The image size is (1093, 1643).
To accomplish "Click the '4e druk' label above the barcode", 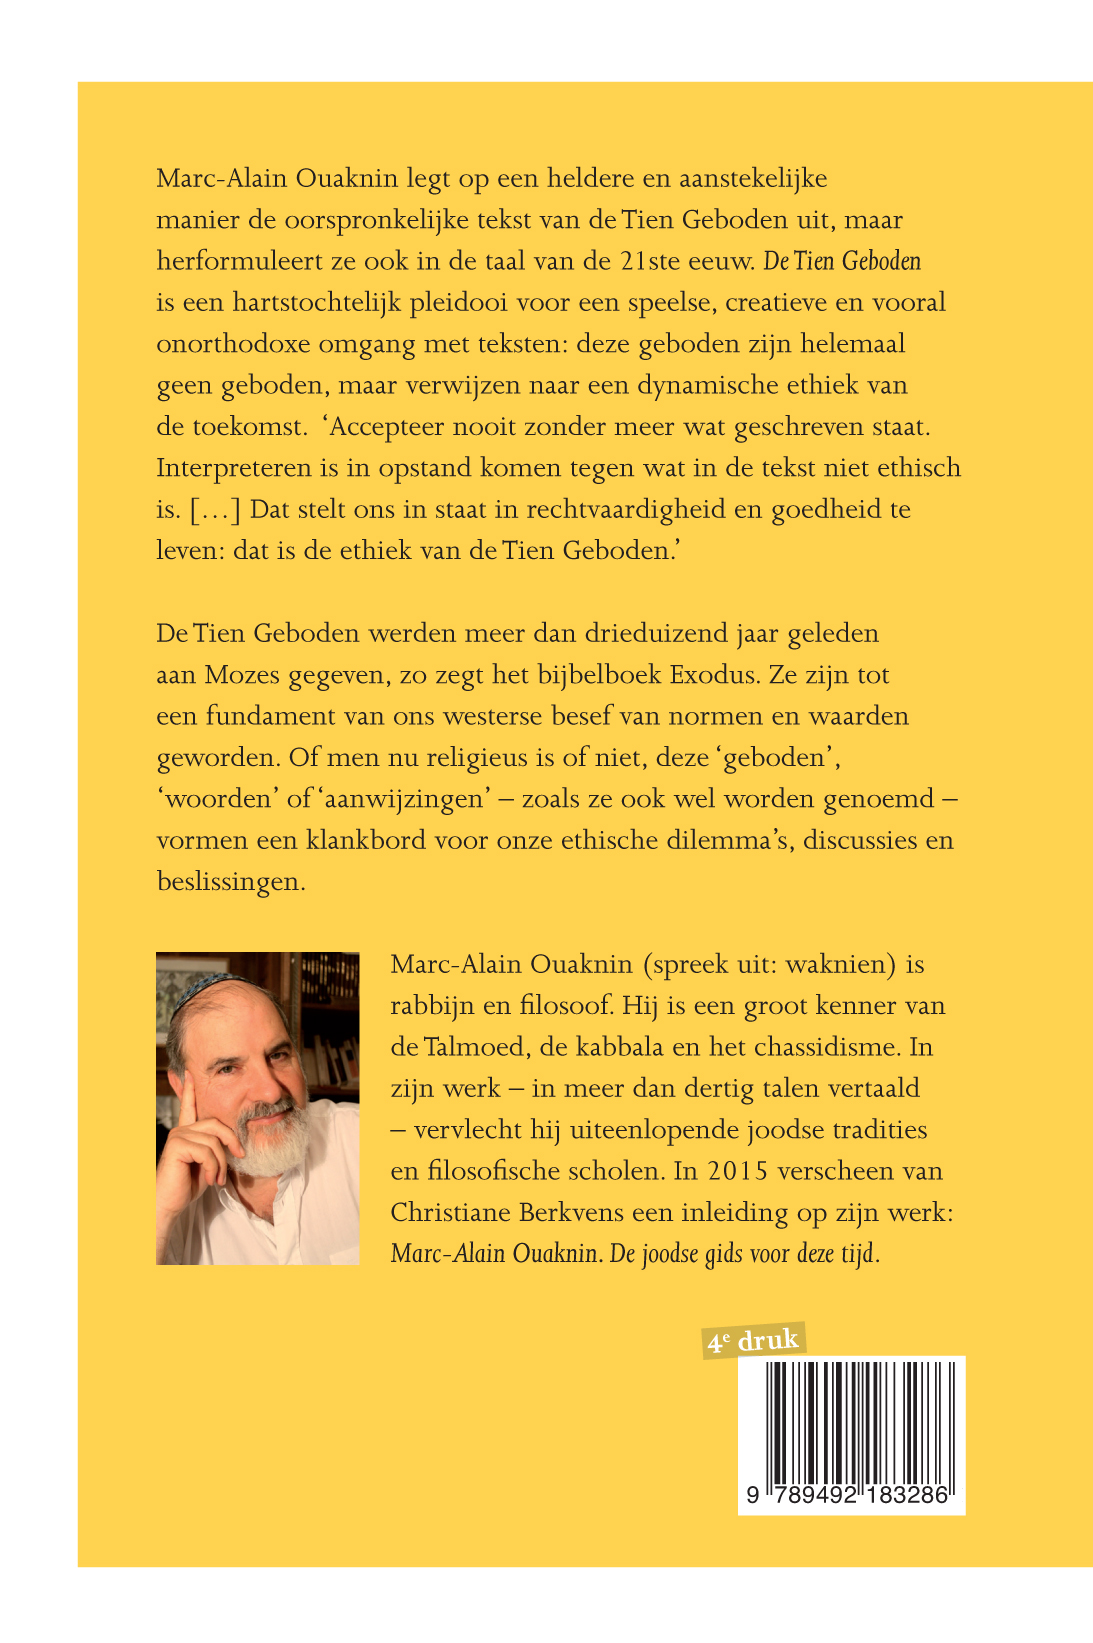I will tap(754, 1340).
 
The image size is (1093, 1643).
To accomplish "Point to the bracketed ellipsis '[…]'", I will tap(215, 510).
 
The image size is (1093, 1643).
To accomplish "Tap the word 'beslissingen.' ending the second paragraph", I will tap(231, 882).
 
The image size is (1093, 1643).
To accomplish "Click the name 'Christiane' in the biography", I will tap(450, 1213).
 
